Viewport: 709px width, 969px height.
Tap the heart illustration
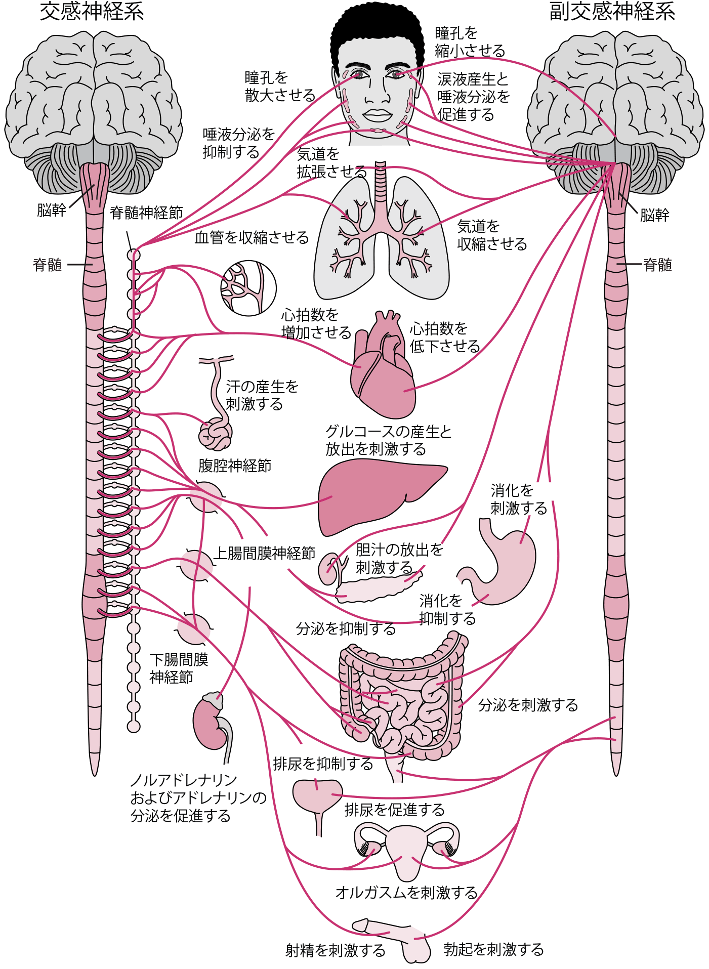coord(384,369)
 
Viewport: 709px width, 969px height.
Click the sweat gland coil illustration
coord(216,434)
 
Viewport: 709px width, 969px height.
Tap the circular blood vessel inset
coord(248,288)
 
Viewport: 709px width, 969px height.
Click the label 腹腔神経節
coord(235,466)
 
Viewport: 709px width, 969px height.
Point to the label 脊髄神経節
coord(146,213)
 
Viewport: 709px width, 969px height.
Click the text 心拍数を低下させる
coord(444,338)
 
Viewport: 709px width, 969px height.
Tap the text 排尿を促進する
coord(394,810)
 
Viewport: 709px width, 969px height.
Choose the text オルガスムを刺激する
coord(406,893)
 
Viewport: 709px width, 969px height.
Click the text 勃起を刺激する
coord(493,949)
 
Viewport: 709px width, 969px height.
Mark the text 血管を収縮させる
coord(252,237)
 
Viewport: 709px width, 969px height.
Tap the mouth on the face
coord(377,115)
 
